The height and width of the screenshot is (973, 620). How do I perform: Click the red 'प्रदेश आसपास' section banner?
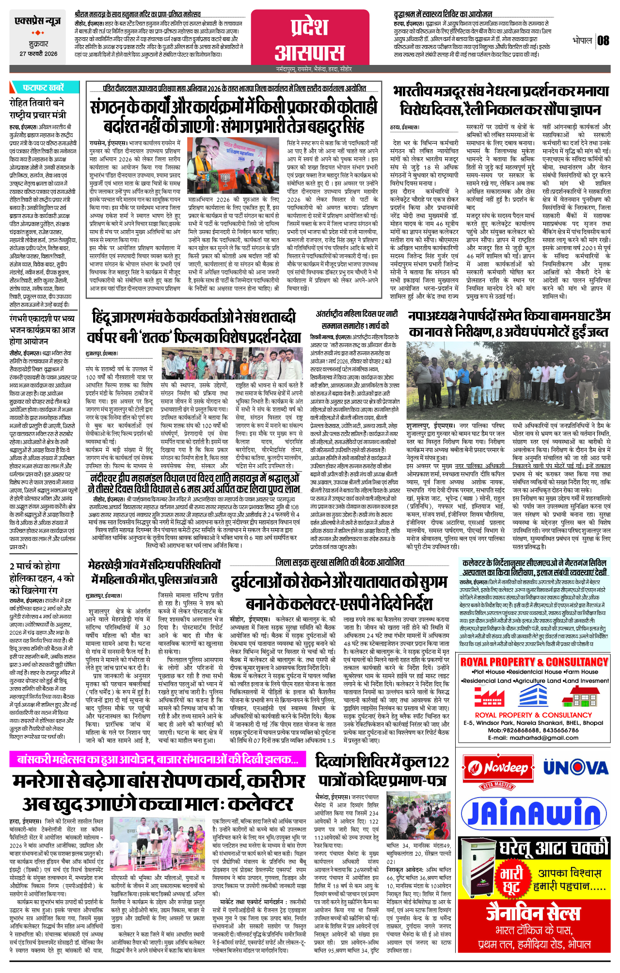(310, 39)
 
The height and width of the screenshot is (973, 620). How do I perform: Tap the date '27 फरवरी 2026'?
(38, 54)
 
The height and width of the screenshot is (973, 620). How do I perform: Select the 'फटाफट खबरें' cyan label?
(43, 88)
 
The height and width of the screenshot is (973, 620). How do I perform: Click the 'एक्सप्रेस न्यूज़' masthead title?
(38, 21)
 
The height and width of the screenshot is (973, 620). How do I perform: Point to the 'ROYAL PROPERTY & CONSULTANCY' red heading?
(534, 662)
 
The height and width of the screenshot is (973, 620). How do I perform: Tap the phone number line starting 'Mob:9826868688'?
(533, 730)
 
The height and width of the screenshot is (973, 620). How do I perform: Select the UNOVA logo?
(575, 768)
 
